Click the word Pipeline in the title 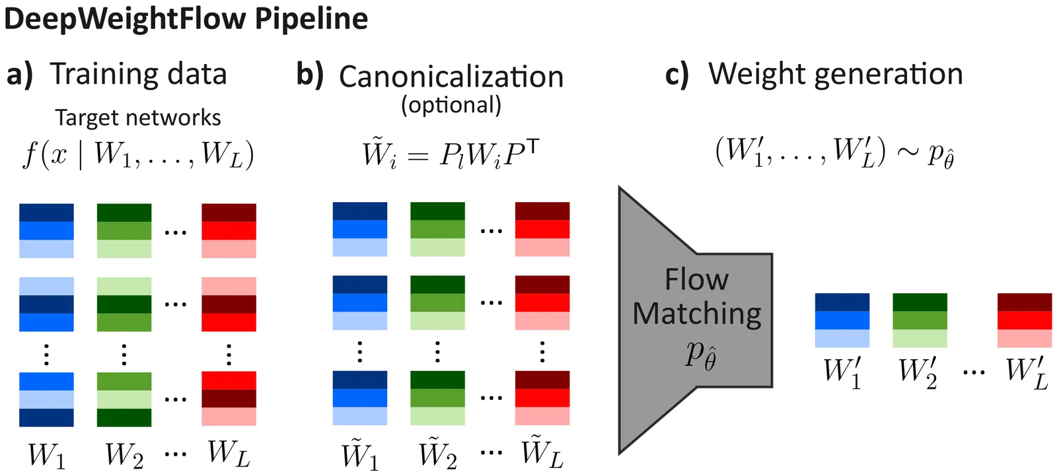coord(311,18)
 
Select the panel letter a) coord(19,74)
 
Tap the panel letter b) coord(310,74)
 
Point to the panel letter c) coord(676,74)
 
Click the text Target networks coord(137,118)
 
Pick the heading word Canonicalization coord(451,77)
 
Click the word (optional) coord(451,105)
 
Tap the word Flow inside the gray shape coord(696,279)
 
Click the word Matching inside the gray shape coord(696,313)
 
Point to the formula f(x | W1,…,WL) coord(138,154)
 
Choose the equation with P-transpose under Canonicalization coord(451,154)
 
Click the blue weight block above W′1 coord(842,320)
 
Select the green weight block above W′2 coord(920,320)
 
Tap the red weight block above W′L coord(1024,320)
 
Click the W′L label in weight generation coord(1026,373)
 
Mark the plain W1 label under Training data coord(46,454)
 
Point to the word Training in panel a coord(95,74)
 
